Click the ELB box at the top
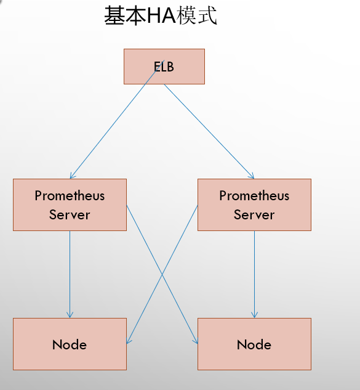(x=164, y=67)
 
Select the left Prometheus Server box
(x=70, y=205)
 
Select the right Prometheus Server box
(x=254, y=205)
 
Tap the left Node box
(x=70, y=344)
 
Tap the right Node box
(x=254, y=344)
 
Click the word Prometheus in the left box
(x=70, y=196)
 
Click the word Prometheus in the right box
(x=254, y=196)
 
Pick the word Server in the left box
(x=70, y=215)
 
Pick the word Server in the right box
(x=254, y=215)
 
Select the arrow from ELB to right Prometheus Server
(x=209, y=131)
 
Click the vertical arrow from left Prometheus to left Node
(x=70, y=274)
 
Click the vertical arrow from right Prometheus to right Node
(x=254, y=274)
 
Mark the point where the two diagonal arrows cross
(x=162, y=275)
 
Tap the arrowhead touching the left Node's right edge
(x=129, y=341)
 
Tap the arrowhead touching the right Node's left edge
(x=196, y=341)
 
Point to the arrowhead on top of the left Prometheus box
(x=72, y=176)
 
